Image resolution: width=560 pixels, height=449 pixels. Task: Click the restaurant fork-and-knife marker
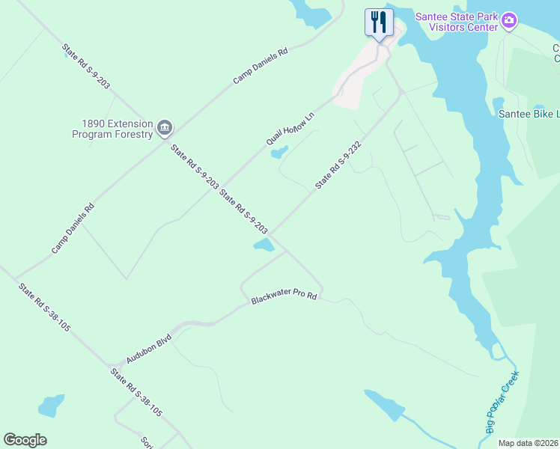click(x=379, y=22)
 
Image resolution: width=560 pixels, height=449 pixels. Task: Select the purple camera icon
click(x=509, y=20)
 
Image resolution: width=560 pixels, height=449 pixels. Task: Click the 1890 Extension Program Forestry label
click(x=112, y=129)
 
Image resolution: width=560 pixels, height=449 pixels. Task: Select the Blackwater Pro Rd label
click(x=284, y=297)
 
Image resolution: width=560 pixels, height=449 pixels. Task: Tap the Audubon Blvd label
click(x=148, y=349)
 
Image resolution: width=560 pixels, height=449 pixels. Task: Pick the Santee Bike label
click(x=529, y=114)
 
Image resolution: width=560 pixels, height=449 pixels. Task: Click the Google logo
click(x=25, y=440)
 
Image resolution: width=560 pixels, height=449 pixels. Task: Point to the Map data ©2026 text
click(x=528, y=443)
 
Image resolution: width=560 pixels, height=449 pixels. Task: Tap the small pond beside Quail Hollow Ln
click(x=279, y=153)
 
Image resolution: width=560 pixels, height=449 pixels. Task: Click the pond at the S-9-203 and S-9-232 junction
click(x=264, y=245)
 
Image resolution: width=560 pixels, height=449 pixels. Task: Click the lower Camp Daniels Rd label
click(x=73, y=228)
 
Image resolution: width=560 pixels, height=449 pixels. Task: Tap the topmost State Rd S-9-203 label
click(x=86, y=67)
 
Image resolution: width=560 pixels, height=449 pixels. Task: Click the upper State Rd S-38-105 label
click(x=45, y=307)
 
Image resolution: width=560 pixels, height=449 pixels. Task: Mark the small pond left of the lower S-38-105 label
click(x=50, y=406)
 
